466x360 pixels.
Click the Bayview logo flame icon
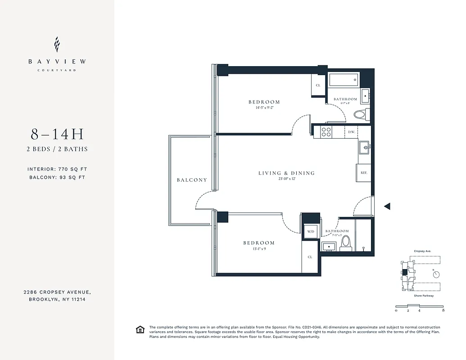click(57, 45)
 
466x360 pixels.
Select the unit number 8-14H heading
click(57, 134)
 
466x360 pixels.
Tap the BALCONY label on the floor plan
click(192, 180)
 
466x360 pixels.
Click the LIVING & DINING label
click(286, 173)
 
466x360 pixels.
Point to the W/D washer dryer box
click(310, 231)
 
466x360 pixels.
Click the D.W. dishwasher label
click(352, 132)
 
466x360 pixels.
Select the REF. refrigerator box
click(363, 172)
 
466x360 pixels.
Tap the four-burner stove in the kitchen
click(325, 131)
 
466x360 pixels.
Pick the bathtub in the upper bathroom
click(343, 80)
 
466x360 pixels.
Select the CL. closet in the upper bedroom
click(318, 85)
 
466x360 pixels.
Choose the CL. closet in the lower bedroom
click(310, 257)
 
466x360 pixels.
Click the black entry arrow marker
click(387, 206)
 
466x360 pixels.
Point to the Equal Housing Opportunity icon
click(140, 330)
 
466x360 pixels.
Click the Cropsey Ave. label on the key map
click(422, 252)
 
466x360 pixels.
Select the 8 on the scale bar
click(443, 310)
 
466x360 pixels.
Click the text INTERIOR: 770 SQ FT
click(57, 169)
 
